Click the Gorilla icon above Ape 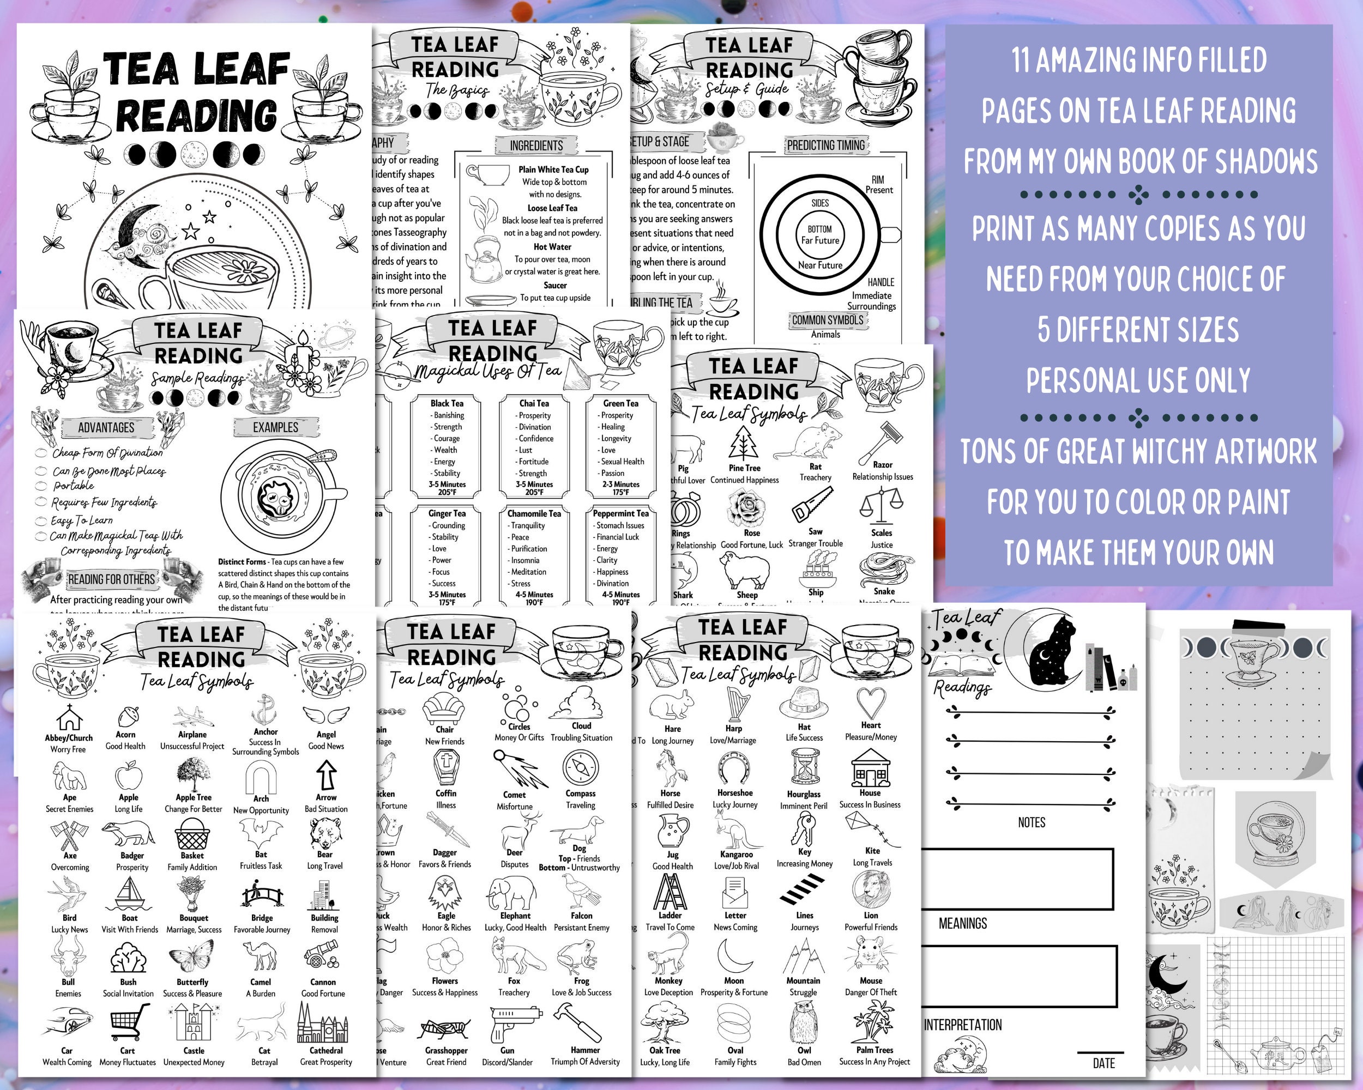point(69,776)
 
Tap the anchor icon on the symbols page point(266,710)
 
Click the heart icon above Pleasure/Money point(871,703)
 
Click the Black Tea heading point(447,403)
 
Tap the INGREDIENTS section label point(536,146)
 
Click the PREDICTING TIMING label point(825,146)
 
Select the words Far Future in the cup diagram point(820,240)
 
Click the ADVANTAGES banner point(106,428)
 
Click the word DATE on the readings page point(1103,1063)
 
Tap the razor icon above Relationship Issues point(883,441)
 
